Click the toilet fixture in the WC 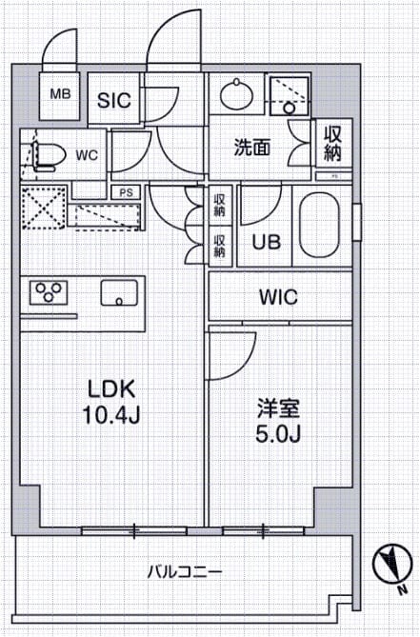point(45,155)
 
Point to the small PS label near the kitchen point(126,191)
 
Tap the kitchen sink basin point(120,292)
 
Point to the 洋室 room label point(278,410)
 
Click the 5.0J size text point(278,436)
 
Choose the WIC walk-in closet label point(278,297)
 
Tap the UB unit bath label point(266,242)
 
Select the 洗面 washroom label point(252,147)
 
